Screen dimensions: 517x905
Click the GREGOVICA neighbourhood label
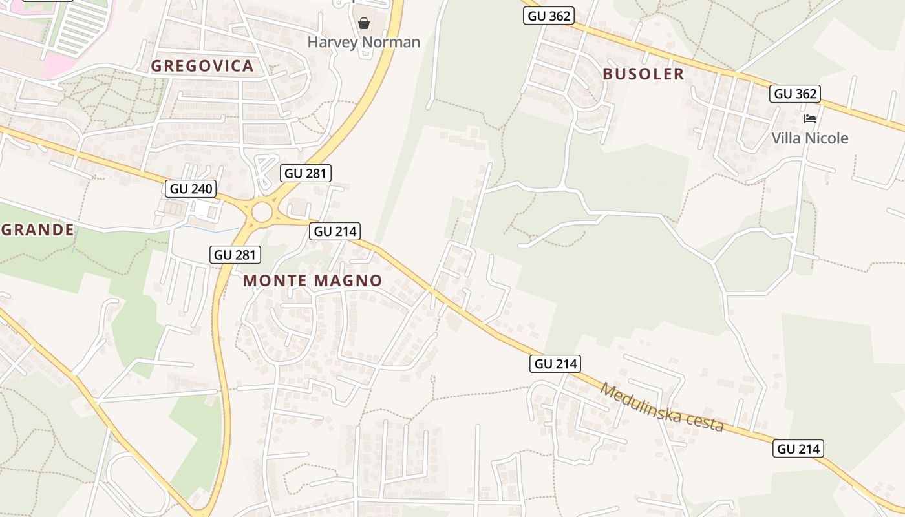point(202,66)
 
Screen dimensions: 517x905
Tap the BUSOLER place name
point(643,74)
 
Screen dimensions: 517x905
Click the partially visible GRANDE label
point(37,229)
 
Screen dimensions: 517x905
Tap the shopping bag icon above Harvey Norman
point(364,24)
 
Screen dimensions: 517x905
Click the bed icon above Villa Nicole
point(809,119)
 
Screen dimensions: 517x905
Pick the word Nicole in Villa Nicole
point(827,138)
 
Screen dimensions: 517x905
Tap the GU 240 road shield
point(191,189)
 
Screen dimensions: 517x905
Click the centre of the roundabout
point(262,212)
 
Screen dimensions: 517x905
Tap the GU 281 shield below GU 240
point(235,255)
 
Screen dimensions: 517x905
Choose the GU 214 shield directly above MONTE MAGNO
point(335,231)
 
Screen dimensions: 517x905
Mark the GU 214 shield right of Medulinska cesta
point(798,448)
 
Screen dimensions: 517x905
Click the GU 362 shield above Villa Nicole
point(795,94)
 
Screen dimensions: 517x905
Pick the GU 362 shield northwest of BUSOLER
point(548,16)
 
